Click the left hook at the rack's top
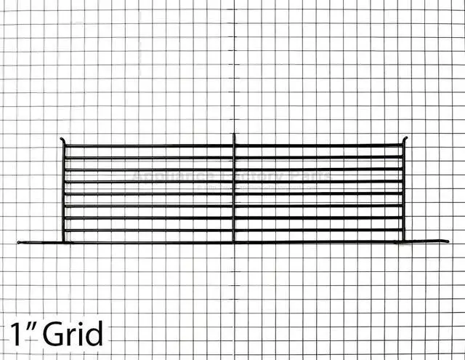coord(62,139)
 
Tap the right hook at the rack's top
coord(405,138)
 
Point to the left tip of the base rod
coord(18,242)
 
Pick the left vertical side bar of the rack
coord(63,193)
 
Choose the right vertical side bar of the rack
coord(404,193)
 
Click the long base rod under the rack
coord(145,242)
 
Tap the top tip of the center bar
coord(233,135)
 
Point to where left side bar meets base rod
coord(63,242)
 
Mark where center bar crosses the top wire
coord(233,145)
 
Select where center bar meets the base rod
coord(233,242)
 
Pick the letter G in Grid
coord(56,335)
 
